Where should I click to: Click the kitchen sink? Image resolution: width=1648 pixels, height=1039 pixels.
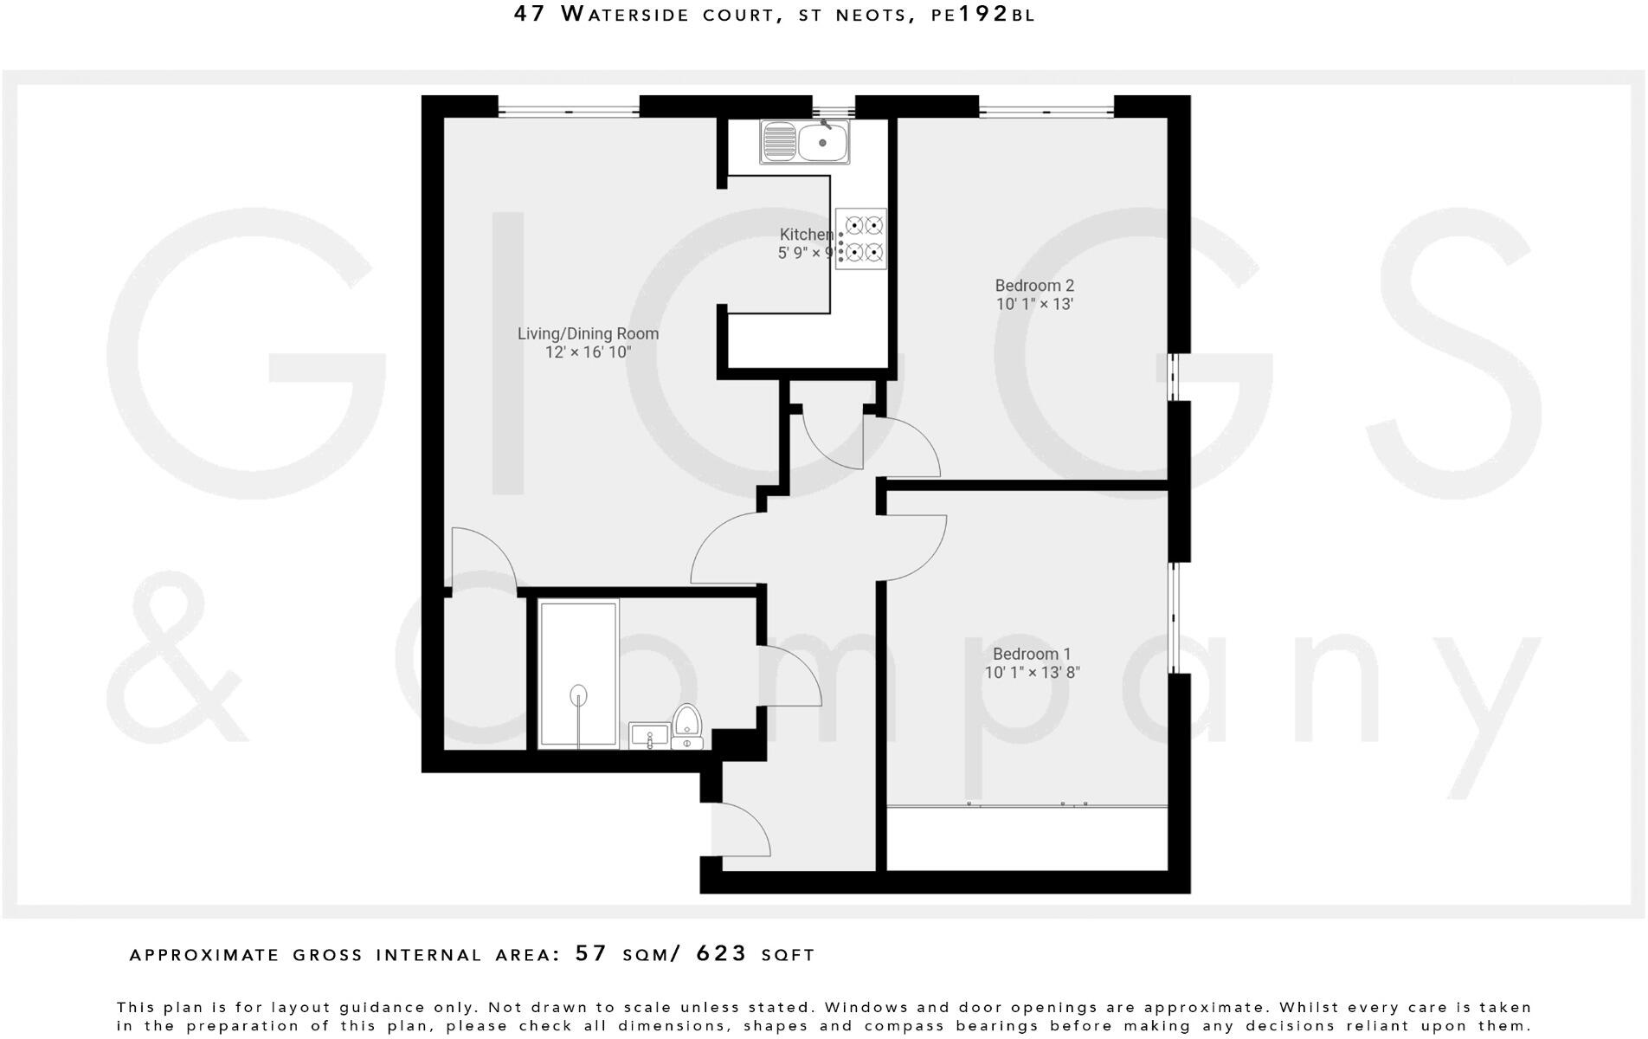[x=805, y=141]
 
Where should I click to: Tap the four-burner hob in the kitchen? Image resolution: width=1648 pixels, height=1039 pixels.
[x=861, y=239]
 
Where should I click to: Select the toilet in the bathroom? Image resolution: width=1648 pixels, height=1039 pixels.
[x=687, y=726]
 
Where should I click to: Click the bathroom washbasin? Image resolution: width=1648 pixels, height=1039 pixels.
[x=648, y=737]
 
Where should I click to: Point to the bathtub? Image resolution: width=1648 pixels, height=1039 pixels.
[x=578, y=674]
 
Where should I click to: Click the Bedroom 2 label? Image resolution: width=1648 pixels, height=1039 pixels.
[x=1033, y=286]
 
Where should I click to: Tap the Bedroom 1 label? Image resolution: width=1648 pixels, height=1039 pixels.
[x=1032, y=654]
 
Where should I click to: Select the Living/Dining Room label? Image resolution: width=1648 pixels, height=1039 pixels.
[x=588, y=333]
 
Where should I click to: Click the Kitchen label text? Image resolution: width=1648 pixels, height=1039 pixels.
[x=805, y=235]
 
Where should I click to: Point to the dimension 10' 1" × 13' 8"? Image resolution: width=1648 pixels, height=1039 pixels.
[x=1032, y=673]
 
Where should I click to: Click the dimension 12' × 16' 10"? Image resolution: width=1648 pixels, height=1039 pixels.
[x=588, y=352]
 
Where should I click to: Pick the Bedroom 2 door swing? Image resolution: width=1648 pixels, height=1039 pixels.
[x=904, y=446]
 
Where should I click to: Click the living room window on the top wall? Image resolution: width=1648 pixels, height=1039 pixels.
[x=568, y=111]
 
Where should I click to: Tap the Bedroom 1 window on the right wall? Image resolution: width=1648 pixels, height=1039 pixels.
[x=1175, y=618]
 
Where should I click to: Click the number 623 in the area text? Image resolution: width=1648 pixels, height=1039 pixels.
[x=721, y=953]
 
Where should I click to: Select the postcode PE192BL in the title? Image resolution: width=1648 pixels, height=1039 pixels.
[x=982, y=15]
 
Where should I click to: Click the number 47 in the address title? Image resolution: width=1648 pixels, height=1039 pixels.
[x=530, y=14]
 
